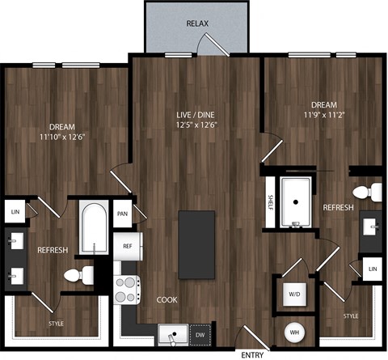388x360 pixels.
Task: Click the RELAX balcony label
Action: click(197, 23)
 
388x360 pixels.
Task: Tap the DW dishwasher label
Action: click(200, 333)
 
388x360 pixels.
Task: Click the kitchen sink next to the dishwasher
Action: click(171, 332)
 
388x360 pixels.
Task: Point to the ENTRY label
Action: click(251, 354)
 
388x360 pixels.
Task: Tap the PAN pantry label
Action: click(122, 214)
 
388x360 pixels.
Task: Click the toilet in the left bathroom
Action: click(78, 276)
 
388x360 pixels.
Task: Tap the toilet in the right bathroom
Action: click(373, 193)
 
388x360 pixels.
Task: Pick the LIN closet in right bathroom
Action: click(373, 269)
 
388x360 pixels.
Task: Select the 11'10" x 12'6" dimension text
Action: click(61, 138)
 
